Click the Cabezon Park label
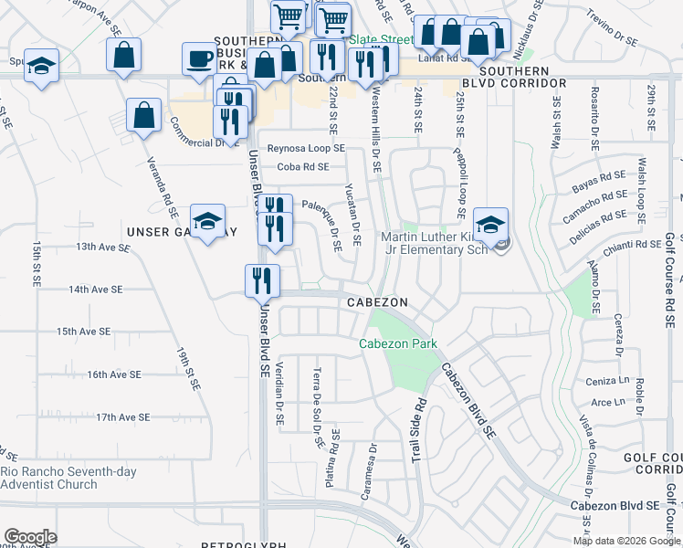point(397,344)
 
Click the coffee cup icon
point(198,59)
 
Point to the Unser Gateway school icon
point(207,221)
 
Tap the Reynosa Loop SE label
point(305,148)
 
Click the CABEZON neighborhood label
point(375,302)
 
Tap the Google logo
point(30,536)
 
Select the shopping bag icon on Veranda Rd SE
point(145,115)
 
